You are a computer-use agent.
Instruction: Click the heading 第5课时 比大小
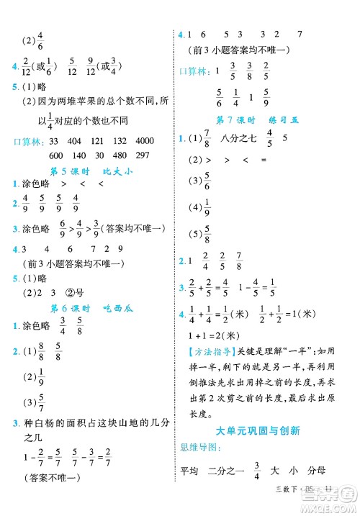coord(91,171)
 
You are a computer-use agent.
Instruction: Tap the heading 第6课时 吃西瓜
coord(91,307)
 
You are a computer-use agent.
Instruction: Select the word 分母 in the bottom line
coord(316,471)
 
